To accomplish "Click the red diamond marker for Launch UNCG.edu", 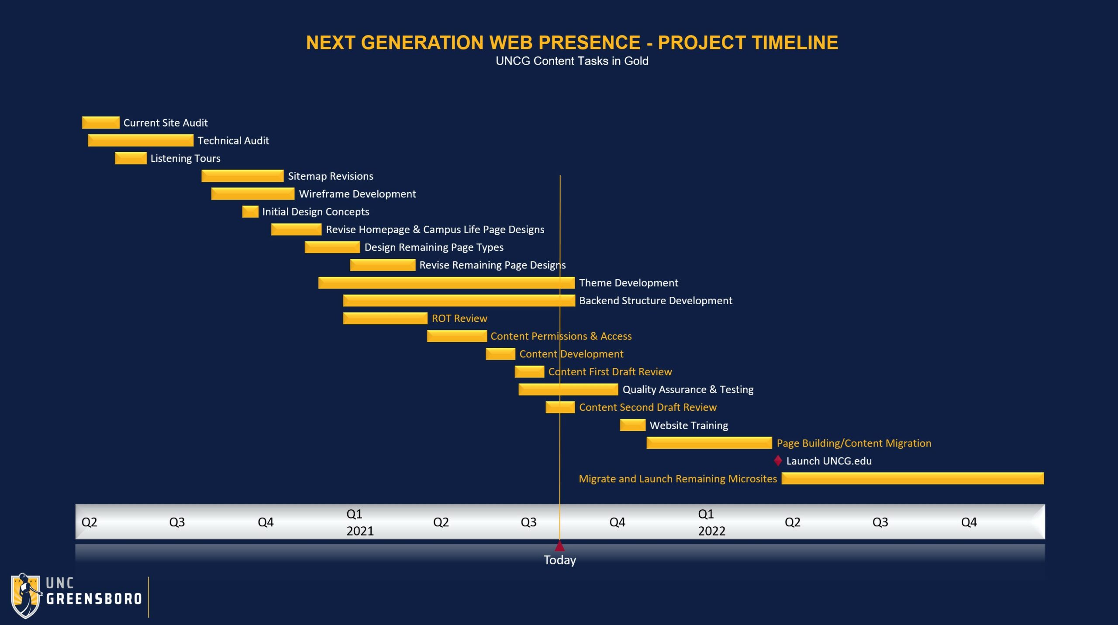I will click(x=778, y=460).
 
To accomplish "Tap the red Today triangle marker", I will click(x=559, y=546).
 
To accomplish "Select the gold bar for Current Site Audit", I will click(x=100, y=123).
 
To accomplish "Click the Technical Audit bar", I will click(x=140, y=141).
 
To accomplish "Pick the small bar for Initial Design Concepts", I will click(x=250, y=212).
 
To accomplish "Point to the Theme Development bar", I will click(x=446, y=283).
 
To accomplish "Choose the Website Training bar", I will click(x=632, y=425).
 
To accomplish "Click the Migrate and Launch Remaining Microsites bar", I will click(x=912, y=478).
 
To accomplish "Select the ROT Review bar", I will click(x=385, y=318).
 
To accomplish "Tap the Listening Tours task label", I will click(x=185, y=158).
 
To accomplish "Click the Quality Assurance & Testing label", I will click(x=688, y=389).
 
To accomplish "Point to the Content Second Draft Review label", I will click(x=648, y=407).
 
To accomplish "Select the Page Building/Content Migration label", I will click(x=854, y=443).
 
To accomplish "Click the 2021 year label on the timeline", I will click(x=360, y=531).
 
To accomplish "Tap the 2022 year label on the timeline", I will click(x=711, y=531).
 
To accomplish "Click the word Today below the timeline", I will click(x=559, y=560).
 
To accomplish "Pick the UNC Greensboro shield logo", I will click(x=26, y=596).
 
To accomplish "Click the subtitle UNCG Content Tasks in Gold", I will click(x=572, y=61).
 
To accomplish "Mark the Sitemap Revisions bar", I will click(x=242, y=176).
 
